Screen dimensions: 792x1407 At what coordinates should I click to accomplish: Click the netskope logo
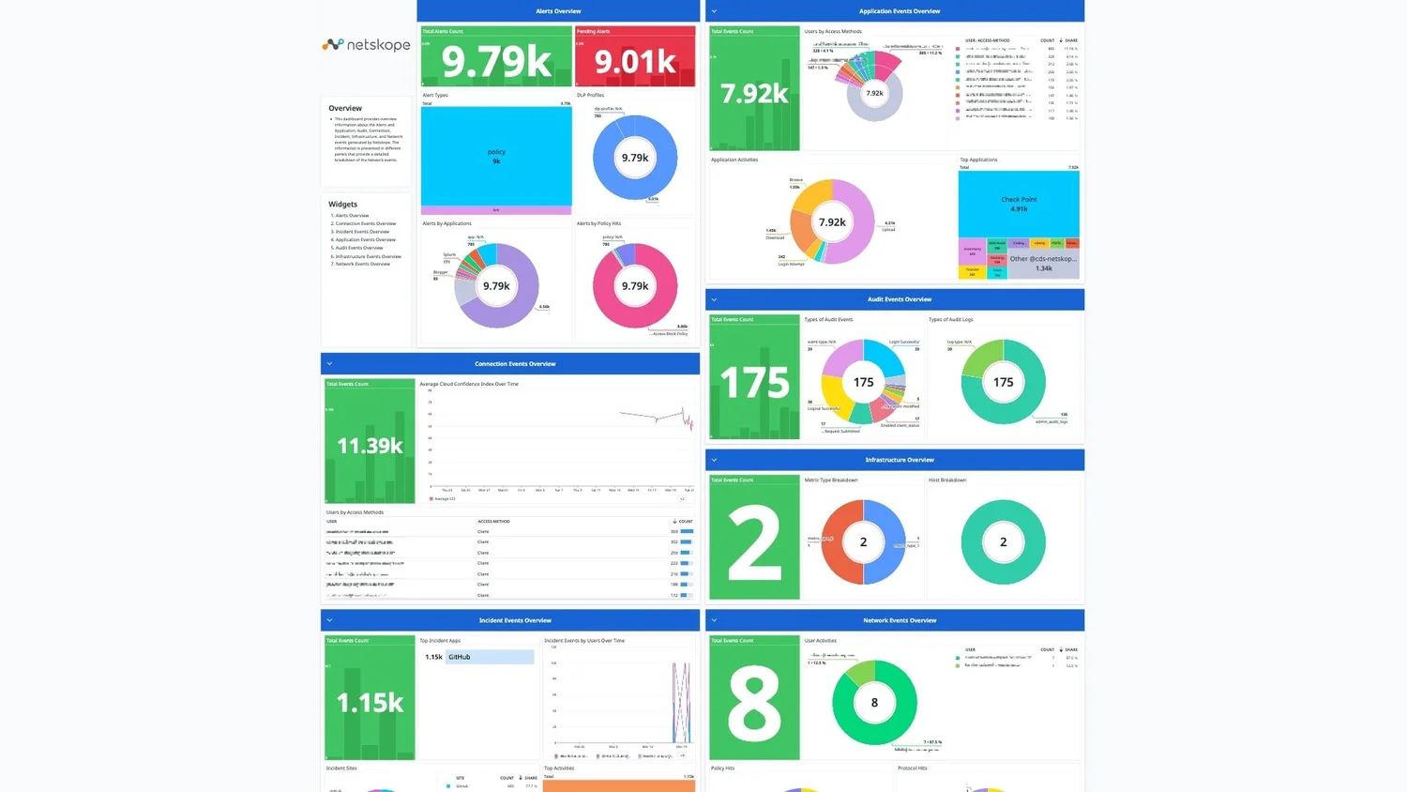pos(366,44)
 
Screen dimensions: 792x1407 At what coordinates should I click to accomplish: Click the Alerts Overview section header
pos(558,11)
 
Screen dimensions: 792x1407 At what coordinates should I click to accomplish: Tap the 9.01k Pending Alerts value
pos(635,62)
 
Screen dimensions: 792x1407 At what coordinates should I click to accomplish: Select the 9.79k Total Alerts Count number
pos(496,62)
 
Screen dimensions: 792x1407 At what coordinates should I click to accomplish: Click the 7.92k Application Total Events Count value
pos(754,94)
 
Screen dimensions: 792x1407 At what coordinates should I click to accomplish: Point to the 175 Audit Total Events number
pos(754,382)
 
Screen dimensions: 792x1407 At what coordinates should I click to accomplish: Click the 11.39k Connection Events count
pos(370,446)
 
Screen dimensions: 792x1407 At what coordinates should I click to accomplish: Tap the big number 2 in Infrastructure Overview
pos(754,542)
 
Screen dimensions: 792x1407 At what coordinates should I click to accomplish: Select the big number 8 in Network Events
pos(754,703)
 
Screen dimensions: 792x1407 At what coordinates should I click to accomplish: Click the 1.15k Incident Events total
pos(370,702)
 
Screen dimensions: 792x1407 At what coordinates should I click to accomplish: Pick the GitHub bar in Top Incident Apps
pos(490,657)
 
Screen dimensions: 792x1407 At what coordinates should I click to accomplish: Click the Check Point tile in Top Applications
pos(1019,204)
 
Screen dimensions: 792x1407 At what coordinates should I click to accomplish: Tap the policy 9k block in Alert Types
pos(496,156)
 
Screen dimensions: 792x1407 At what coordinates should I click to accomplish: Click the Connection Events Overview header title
pos(515,364)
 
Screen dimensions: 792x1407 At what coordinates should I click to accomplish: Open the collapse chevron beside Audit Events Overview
pos(714,299)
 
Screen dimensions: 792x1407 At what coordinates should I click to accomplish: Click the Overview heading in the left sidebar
pos(345,108)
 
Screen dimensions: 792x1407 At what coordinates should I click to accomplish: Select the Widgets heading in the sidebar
pos(342,204)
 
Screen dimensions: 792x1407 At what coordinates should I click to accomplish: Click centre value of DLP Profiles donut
pos(635,158)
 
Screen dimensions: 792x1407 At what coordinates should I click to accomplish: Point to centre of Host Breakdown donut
pos(1003,542)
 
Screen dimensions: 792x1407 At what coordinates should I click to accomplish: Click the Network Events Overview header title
pos(900,620)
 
